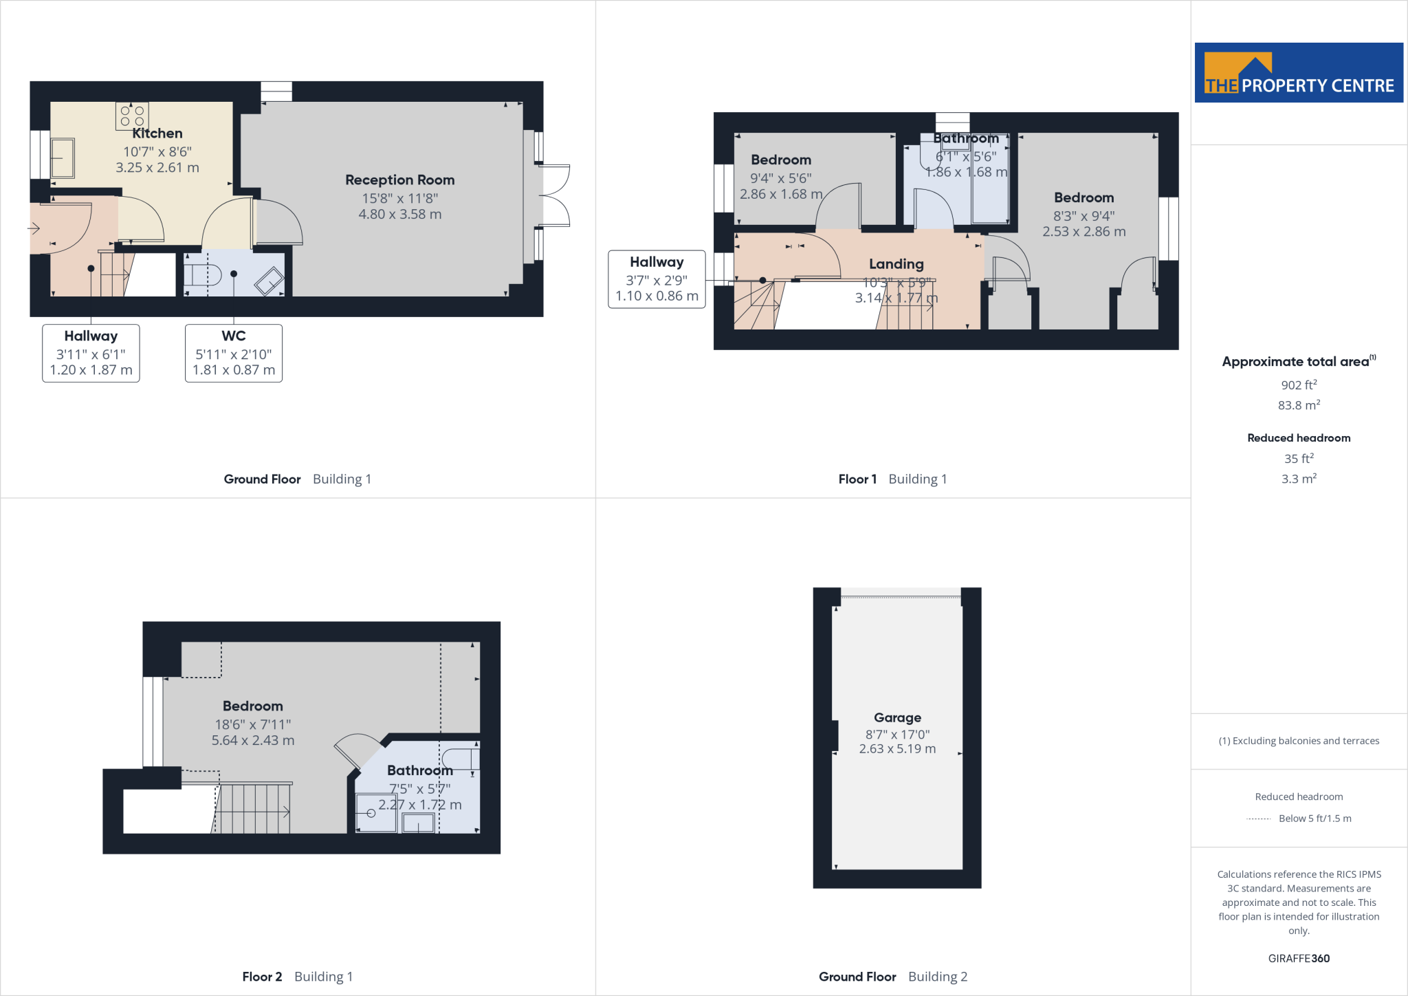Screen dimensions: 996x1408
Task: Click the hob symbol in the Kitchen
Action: click(x=132, y=116)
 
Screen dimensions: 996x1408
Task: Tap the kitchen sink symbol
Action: click(x=63, y=158)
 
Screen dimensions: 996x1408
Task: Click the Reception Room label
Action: click(x=399, y=180)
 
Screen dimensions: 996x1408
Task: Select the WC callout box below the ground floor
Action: click(x=234, y=353)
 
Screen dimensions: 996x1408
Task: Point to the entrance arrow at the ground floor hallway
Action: click(x=34, y=228)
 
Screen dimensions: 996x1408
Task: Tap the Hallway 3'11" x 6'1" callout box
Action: click(x=91, y=353)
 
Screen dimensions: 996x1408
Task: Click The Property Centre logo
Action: click(x=1298, y=73)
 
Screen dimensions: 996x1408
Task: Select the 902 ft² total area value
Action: click(x=1298, y=385)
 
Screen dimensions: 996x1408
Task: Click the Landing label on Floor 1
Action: click(x=896, y=264)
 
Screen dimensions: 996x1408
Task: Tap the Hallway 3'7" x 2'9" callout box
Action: click(x=657, y=279)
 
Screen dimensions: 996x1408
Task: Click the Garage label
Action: click(x=897, y=717)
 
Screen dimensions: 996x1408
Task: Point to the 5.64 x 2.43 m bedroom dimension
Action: click(x=253, y=741)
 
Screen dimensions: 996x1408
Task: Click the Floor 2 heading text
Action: click(x=262, y=977)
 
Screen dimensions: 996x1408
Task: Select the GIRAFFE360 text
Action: click(x=1298, y=958)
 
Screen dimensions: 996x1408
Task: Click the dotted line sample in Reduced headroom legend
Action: click(x=1259, y=819)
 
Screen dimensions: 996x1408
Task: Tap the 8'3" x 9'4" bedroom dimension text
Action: click(x=1083, y=216)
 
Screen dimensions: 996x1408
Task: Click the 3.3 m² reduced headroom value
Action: click(x=1298, y=479)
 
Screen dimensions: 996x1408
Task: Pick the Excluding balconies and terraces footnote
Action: click(x=1298, y=741)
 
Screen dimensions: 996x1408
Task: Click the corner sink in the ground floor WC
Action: click(x=269, y=282)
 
